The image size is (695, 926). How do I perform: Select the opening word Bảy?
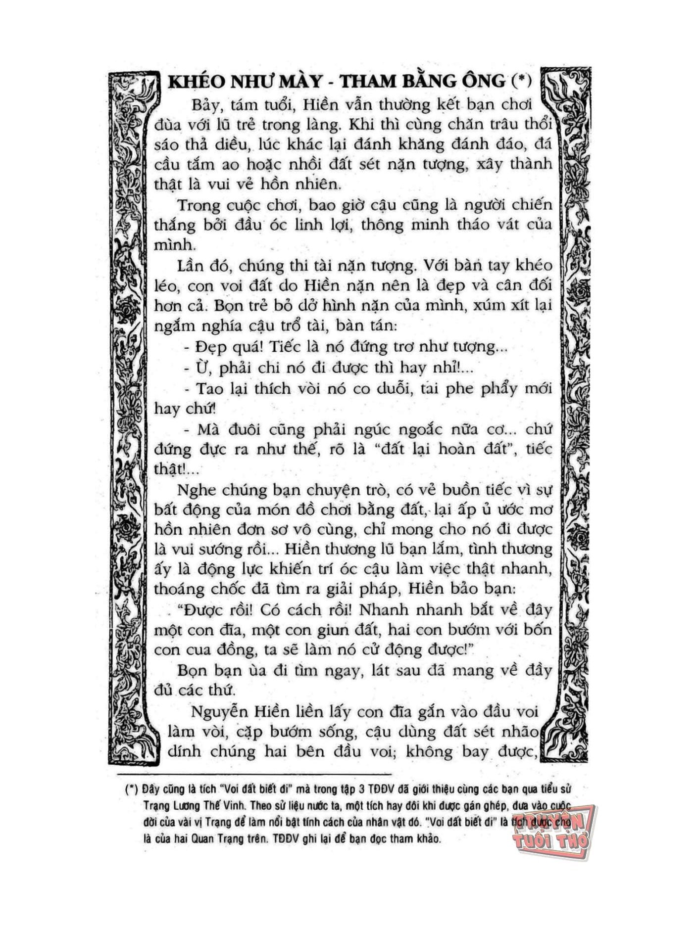pos(205,105)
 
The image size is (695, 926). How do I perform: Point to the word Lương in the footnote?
pos(190,804)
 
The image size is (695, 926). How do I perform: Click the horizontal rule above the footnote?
pos(254,773)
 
